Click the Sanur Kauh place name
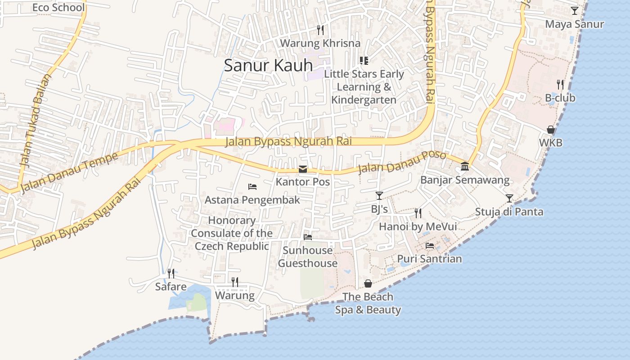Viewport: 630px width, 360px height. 268,66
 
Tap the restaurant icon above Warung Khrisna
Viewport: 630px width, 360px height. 320,30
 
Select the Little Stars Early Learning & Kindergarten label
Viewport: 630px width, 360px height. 364,86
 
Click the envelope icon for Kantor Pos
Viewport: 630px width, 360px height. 303,170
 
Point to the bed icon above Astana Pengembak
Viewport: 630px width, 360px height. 252,187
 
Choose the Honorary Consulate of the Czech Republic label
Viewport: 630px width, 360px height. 232,233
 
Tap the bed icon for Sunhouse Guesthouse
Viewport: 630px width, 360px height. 308,237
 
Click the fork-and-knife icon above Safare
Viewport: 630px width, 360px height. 171,273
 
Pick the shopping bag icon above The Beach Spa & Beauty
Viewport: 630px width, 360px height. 368,283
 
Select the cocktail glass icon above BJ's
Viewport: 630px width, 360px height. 379,196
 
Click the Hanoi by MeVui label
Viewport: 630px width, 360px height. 418,226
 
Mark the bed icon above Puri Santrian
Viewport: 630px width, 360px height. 430,246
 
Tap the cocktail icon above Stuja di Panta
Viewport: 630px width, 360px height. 509,198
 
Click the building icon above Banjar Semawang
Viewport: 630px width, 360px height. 465,167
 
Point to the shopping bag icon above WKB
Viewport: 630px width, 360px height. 550,130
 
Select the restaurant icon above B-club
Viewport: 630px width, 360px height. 560,84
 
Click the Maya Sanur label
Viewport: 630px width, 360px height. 574,24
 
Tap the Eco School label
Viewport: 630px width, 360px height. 58,8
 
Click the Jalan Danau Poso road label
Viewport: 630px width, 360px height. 401,163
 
